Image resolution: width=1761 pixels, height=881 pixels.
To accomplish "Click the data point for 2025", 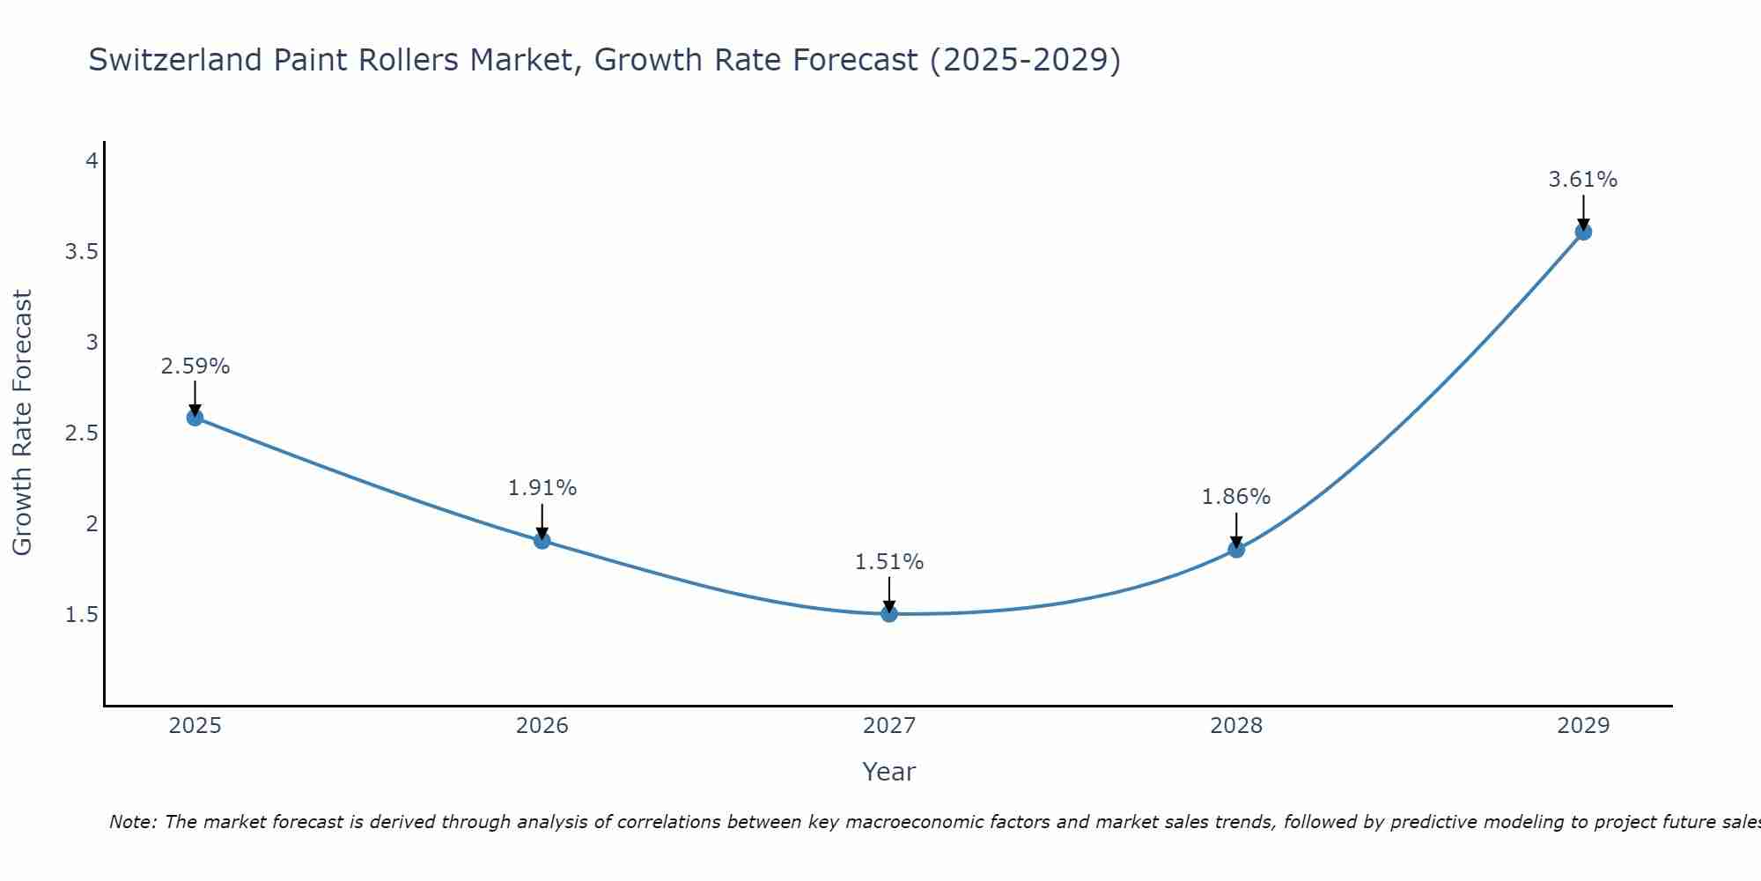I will [195, 418].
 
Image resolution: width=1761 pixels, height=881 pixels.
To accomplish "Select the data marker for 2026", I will [542, 540].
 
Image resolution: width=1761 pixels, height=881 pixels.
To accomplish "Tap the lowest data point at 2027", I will [889, 613].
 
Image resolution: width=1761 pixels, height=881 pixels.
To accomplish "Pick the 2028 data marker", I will [1236, 550].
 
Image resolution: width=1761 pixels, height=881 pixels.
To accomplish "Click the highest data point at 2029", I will [1583, 232].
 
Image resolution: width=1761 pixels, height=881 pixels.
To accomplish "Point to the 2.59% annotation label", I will [195, 366].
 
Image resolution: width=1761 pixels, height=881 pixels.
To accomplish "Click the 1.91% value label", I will [542, 488].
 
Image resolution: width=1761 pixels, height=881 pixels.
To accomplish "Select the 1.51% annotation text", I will [889, 562].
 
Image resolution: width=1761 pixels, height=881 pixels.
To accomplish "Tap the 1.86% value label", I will [1236, 497].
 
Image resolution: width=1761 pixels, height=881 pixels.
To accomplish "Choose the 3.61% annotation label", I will [1583, 180].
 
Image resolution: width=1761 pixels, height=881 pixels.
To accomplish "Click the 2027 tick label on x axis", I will [889, 726].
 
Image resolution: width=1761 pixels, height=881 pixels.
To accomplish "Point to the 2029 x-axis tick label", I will [1583, 726].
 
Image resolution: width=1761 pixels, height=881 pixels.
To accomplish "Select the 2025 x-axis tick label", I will [195, 726].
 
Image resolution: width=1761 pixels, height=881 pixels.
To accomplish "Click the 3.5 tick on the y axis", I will [81, 252].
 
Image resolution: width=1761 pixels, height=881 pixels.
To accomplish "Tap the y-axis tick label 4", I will [92, 161].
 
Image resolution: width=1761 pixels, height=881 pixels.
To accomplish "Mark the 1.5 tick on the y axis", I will [81, 615].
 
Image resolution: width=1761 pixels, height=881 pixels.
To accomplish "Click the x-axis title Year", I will [889, 772].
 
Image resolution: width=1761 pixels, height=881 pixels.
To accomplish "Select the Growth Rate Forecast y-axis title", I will [22, 423].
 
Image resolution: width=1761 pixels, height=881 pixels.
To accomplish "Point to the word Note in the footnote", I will [132, 822].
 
